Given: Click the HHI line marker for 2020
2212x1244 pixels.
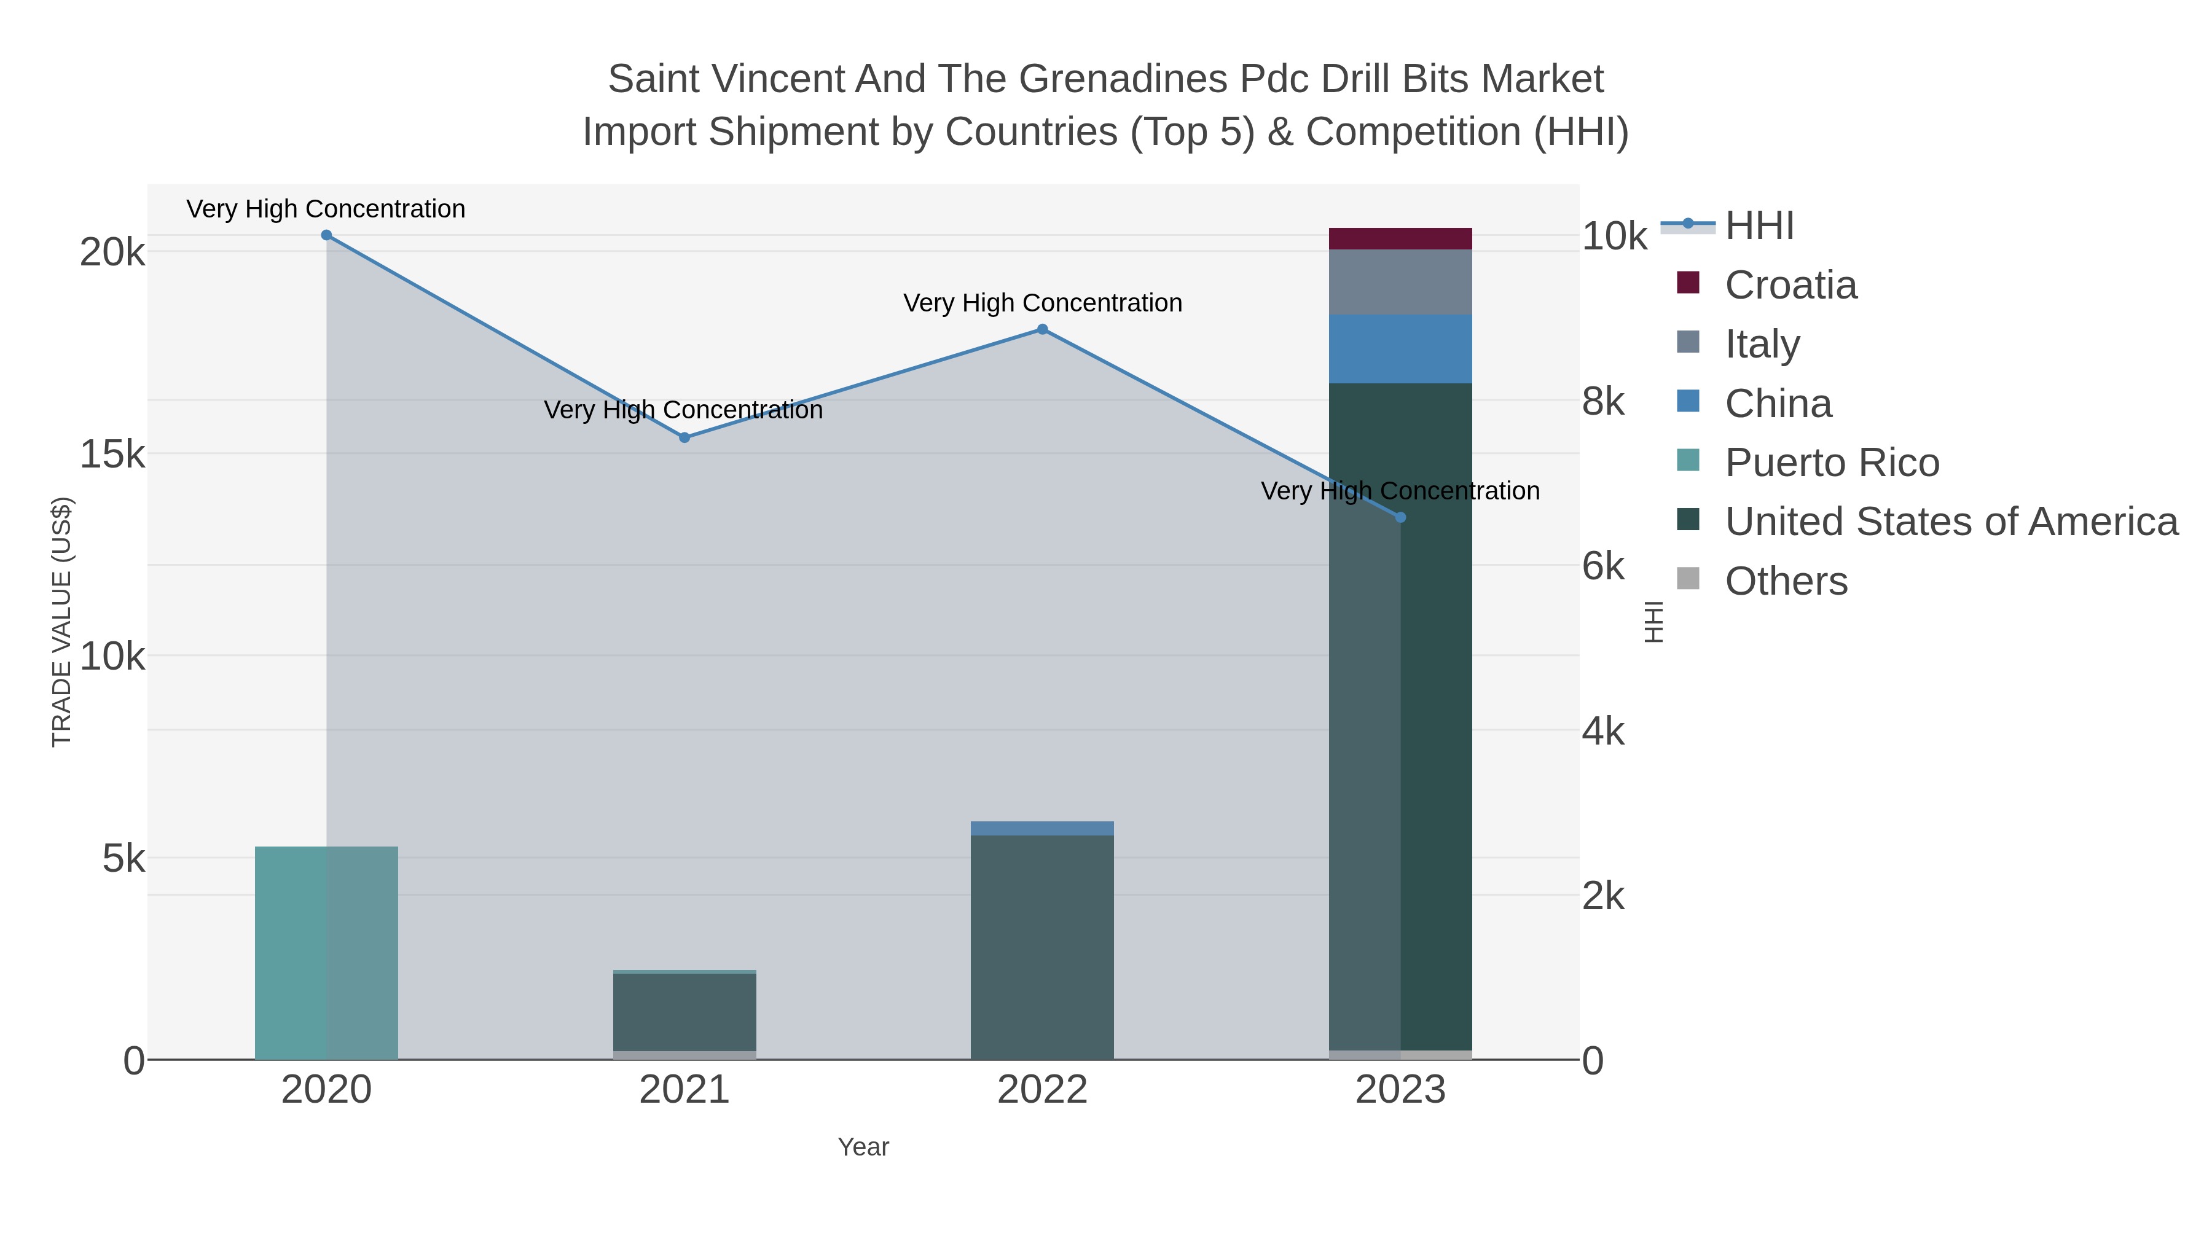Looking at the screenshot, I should coord(326,235).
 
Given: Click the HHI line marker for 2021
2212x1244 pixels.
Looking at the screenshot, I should coord(684,438).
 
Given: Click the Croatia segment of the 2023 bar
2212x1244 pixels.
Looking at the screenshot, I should coord(1400,239).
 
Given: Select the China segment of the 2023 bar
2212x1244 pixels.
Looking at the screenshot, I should coord(1400,348).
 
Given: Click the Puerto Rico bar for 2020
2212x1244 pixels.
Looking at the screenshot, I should coord(326,953).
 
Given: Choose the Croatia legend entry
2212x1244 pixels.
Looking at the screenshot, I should coord(1790,285).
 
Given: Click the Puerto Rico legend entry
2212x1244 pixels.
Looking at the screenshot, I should coord(1832,463).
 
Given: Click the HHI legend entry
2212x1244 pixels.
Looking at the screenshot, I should coord(1759,226).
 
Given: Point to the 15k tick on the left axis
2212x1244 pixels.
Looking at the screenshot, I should coord(112,455).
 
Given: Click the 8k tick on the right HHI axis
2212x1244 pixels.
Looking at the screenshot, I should coord(1603,402).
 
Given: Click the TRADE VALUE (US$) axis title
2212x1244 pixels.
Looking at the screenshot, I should coord(62,622).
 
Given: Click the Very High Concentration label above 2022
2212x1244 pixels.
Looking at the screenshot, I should coord(1043,303).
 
